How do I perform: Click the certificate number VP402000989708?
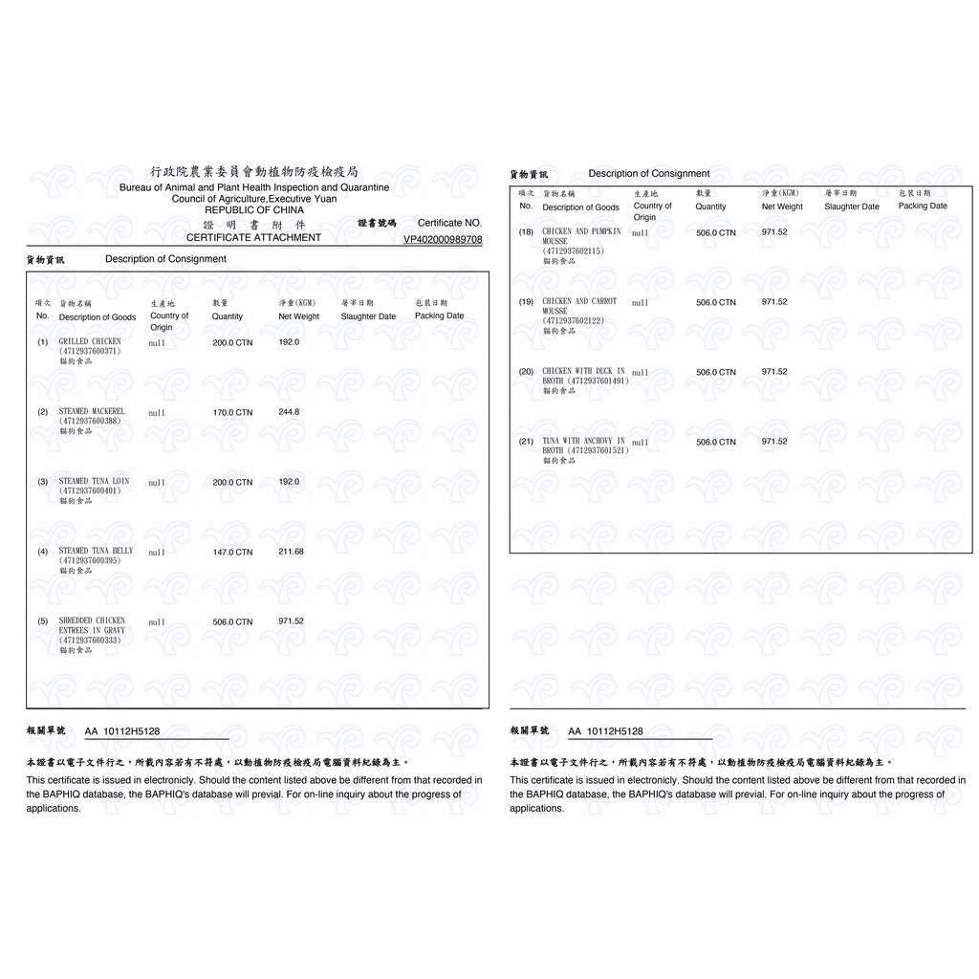[443, 239]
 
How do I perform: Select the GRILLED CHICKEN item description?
[90, 341]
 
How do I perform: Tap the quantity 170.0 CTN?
[232, 412]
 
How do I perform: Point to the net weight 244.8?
[289, 412]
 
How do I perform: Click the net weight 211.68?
[291, 552]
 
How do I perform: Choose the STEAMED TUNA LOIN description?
[95, 482]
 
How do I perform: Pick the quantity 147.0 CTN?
[232, 552]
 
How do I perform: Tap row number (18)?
[526, 232]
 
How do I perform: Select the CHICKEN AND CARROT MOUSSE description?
[579, 306]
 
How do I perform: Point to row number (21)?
[526, 442]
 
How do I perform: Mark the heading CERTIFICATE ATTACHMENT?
[253, 237]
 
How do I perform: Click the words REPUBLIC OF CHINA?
[254, 209]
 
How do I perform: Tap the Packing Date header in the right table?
[923, 206]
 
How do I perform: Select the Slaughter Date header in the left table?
[368, 316]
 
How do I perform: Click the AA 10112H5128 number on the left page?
[122, 731]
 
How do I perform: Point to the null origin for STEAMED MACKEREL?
[157, 413]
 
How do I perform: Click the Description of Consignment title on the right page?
[649, 174]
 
